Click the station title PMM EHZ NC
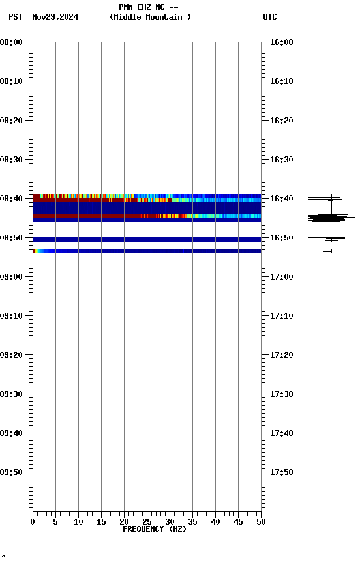point(148,7)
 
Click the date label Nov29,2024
point(55,17)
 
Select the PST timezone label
point(16,17)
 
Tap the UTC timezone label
point(269,17)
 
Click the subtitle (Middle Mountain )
point(151,17)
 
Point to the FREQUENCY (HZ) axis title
point(155,529)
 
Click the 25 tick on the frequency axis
point(147,521)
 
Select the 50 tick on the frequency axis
point(261,521)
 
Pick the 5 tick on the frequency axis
point(55,521)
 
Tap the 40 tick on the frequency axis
point(215,521)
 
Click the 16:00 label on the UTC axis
point(281,42)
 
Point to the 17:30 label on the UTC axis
point(281,394)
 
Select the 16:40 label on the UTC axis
point(281,199)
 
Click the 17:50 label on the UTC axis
point(281,472)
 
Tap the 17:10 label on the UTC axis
point(281,316)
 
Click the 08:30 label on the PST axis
point(12,160)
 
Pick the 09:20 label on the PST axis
point(12,355)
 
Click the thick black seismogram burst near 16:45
point(331,218)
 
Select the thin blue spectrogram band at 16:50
point(147,239)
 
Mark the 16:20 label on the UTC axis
point(281,121)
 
